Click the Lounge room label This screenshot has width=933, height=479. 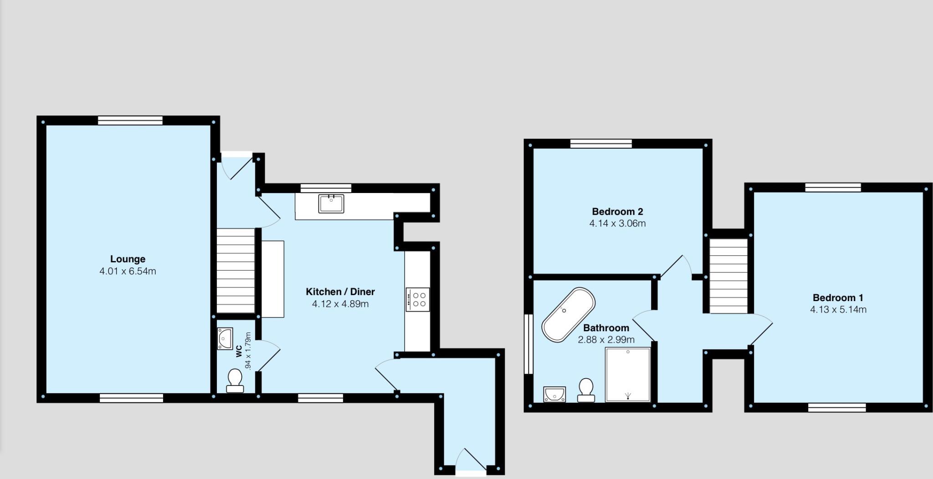pyautogui.click(x=128, y=259)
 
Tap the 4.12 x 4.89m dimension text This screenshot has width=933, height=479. pyautogui.click(x=340, y=304)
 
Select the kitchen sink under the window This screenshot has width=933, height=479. pyautogui.click(x=331, y=203)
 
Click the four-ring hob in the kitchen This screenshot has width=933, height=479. pyautogui.click(x=418, y=300)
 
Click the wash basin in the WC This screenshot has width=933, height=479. pyautogui.click(x=225, y=338)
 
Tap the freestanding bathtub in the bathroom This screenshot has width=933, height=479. pyautogui.click(x=568, y=315)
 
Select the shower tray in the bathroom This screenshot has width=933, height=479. pyautogui.click(x=628, y=375)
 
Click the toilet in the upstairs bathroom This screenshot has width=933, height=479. pyautogui.click(x=586, y=390)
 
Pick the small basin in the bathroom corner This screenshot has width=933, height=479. pyautogui.click(x=554, y=394)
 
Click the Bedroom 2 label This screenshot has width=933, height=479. pyautogui.click(x=617, y=212)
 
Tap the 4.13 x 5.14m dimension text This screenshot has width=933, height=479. pyautogui.click(x=838, y=310)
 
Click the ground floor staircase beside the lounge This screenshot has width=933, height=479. pyautogui.click(x=235, y=271)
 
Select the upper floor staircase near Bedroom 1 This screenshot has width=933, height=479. pyautogui.click(x=729, y=276)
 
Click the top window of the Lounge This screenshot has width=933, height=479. pyautogui.click(x=130, y=120)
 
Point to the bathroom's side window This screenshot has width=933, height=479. pyautogui.click(x=528, y=344)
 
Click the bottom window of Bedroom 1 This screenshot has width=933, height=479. pyautogui.click(x=837, y=407)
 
